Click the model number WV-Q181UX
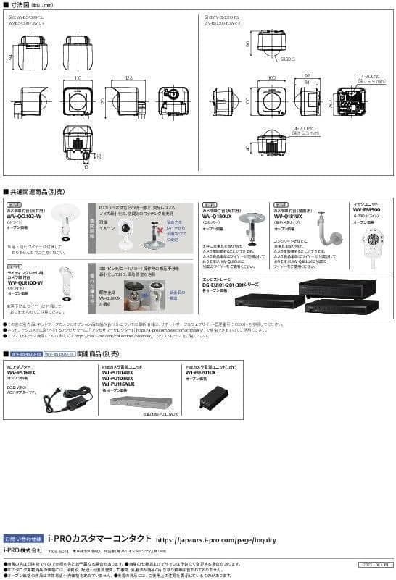287,214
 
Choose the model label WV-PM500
367,210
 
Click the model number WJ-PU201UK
201,373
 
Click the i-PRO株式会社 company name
22,550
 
